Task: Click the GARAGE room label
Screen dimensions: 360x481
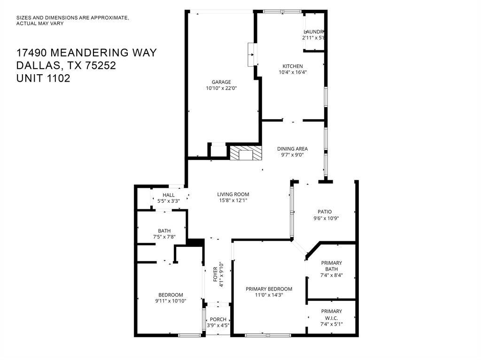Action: tap(221, 82)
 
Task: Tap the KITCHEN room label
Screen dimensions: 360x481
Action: tap(292, 66)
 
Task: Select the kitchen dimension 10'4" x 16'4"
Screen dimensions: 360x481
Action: tap(292, 72)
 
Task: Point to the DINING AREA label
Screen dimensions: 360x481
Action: tap(292, 149)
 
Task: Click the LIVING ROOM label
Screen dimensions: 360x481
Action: tap(233, 194)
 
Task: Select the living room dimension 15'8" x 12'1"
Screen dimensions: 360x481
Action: tap(233, 200)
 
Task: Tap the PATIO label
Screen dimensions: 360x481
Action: tap(322, 212)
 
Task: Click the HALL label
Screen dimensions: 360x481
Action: tap(169, 195)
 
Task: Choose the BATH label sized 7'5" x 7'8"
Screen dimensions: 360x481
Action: tap(164, 230)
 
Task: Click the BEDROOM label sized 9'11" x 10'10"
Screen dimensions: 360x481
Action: tap(171, 295)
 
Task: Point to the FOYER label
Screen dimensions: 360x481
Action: tap(216, 274)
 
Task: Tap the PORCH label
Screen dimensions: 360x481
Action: tap(218, 320)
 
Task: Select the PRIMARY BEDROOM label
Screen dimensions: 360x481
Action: tap(269, 289)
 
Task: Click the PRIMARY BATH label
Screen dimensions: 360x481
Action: tap(331, 266)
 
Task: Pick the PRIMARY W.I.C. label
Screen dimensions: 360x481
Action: tap(331, 314)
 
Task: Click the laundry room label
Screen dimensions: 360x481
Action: tap(314, 31)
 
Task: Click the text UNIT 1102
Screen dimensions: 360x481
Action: tap(43, 78)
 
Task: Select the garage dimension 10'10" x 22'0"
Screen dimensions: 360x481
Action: tap(221, 88)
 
